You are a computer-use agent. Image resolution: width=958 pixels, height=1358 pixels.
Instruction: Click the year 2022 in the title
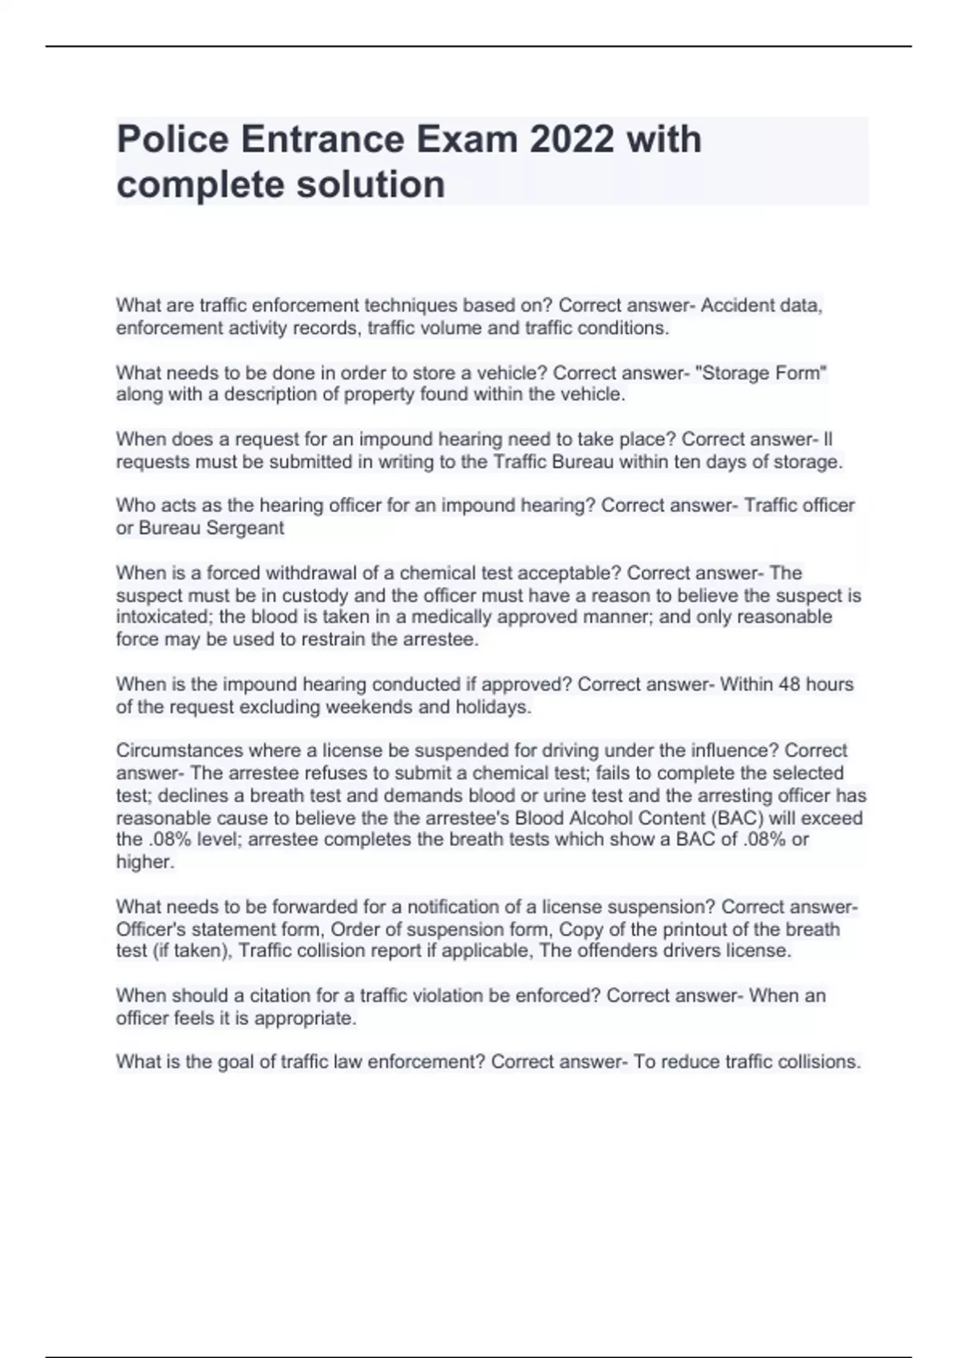click(x=572, y=139)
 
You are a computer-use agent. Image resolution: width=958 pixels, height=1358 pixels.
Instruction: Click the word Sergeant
click(x=245, y=528)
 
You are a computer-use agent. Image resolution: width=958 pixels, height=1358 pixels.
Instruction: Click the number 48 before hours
click(x=788, y=684)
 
